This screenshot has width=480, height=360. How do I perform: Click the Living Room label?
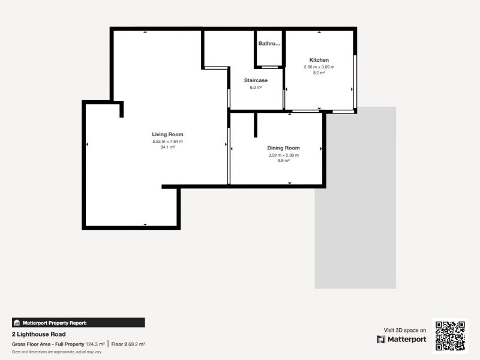[x=167, y=134]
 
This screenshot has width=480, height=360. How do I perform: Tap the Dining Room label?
[x=283, y=148]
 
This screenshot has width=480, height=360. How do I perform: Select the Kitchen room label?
[x=319, y=60]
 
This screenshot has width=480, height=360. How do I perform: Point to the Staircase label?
[x=256, y=80]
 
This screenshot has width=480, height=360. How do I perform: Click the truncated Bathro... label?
[x=269, y=44]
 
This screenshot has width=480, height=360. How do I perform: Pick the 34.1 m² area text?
[x=167, y=147]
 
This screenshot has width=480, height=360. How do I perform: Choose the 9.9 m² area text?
[x=283, y=161]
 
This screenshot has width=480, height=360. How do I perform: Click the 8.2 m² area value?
[x=319, y=73]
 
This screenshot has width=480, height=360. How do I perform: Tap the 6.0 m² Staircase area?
[x=256, y=88]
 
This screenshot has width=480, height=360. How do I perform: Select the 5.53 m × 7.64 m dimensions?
[x=167, y=142]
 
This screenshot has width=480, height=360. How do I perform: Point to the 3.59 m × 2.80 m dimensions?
[x=283, y=155]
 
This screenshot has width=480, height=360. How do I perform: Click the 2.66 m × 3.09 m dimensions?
[x=319, y=67]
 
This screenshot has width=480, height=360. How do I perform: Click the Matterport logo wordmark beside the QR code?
[x=402, y=340]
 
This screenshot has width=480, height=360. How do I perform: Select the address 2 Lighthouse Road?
[x=38, y=334]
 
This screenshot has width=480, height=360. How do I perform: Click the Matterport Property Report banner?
[x=79, y=322]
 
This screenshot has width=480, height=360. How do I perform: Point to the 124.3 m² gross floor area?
[x=95, y=344]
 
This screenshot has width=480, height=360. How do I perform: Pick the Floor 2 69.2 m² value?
[x=128, y=344]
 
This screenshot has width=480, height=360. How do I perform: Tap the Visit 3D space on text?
[x=405, y=330]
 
